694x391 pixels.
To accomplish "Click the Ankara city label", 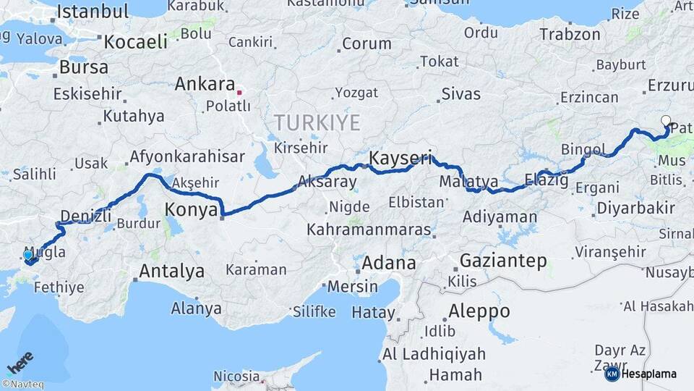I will pos(205,84).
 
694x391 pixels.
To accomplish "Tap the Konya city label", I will pos(192,210).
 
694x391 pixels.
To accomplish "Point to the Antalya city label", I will pos(171,272).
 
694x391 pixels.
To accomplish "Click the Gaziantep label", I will pos(502,261).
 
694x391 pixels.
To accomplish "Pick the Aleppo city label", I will pos(479,312).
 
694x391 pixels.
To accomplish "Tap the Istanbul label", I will pos(92,11).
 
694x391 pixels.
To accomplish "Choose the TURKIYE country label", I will pos(317,123).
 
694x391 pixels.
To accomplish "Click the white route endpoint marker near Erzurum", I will pos(666,121).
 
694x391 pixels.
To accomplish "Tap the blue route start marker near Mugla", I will pos(28,255).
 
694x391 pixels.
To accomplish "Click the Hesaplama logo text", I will pos(648,374).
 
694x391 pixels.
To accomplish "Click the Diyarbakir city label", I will pos(635,209).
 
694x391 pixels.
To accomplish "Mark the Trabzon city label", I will pos(570,34).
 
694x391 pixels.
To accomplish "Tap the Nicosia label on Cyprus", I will pos(236,377).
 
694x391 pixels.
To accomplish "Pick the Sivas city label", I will pos(460,93).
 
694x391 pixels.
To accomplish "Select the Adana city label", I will pos(389,263).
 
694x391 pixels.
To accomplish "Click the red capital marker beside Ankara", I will pos(239,92).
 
